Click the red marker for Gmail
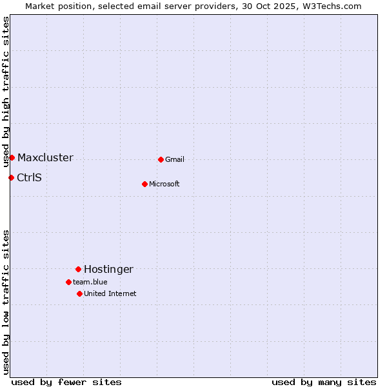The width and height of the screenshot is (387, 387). point(161,159)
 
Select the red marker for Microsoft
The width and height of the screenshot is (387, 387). point(144,184)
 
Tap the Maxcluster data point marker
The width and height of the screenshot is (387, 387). point(12,157)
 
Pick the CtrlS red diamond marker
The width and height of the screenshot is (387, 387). point(11,177)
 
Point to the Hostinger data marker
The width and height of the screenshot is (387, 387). point(78,269)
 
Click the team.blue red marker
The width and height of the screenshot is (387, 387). point(68,282)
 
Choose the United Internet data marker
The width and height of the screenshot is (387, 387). point(79,293)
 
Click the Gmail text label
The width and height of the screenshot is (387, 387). point(175,160)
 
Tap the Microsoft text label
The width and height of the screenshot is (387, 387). point(164,184)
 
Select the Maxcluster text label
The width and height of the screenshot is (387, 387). point(45,158)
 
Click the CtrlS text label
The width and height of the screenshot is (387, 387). point(29,178)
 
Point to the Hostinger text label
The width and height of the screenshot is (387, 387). point(108,270)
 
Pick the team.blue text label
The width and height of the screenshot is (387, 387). point(90,283)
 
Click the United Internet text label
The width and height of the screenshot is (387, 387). point(110,294)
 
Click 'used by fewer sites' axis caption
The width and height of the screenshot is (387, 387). point(66,382)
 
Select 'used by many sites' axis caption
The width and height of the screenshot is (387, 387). point(324,382)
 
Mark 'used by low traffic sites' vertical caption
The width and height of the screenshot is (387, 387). point(6,302)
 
